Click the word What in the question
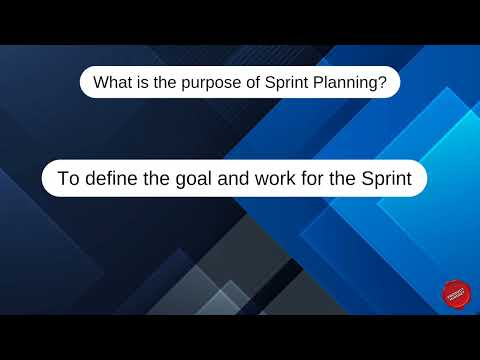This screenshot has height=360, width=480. pyautogui.click(x=112, y=83)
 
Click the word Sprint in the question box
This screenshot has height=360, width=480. pyautogui.click(x=286, y=83)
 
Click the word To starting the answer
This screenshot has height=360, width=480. pyautogui.click(x=68, y=180)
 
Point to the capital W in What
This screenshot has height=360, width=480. pyautogui.click(x=101, y=83)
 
